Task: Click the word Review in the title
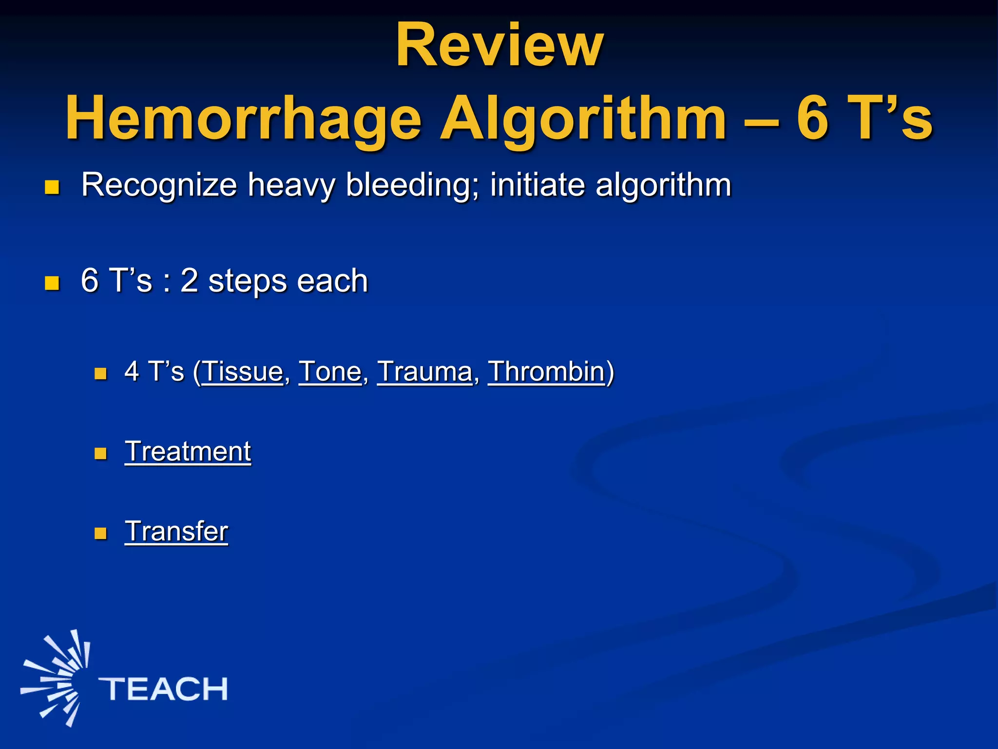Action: coord(499,46)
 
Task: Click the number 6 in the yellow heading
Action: coord(812,118)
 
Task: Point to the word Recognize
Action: coord(159,185)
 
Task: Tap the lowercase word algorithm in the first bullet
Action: coord(663,185)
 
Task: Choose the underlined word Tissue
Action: coord(243,372)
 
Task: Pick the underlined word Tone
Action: coord(330,372)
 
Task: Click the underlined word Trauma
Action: coord(424,372)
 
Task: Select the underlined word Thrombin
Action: coord(546,372)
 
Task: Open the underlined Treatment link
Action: coord(188,452)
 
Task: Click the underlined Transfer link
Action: coord(176,532)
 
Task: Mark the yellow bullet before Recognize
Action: coord(52,187)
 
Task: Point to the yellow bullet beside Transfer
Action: coord(100,533)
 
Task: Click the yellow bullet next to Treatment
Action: coord(100,453)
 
